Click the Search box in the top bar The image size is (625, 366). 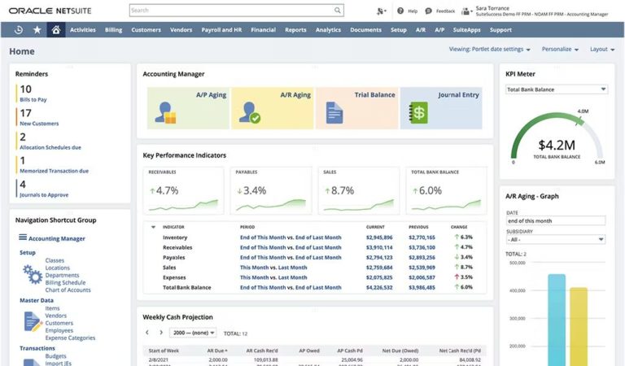tap(236, 11)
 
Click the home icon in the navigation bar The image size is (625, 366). tap(55, 30)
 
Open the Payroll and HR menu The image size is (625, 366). tap(222, 30)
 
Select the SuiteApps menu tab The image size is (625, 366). tap(466, 30)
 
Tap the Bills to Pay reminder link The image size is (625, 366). tap(34, 99)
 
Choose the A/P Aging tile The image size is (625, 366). tap(188, 108)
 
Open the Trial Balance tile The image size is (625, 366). tap(356, 108)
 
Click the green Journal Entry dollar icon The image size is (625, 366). tap(418, 112)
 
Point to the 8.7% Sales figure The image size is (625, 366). tap(343, 190)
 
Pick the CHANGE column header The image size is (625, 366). tap(459, 226)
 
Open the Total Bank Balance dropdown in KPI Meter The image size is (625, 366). tap(557, 89)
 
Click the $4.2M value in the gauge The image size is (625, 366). tap(557, 146)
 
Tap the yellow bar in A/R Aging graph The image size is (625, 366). tap(579, 325)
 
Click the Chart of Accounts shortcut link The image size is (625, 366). tap(67, 290)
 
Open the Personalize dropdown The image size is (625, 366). tap(560, 49)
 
